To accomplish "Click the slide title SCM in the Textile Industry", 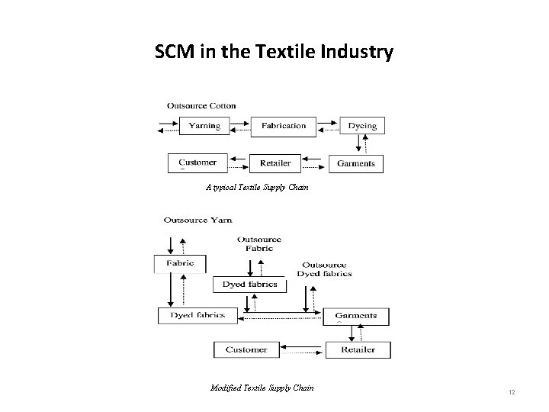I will (274, 52).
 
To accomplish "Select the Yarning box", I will (204, 126).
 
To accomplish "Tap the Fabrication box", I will (284, 126).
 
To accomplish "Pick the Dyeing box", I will (361, 126).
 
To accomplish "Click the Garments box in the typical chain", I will (356, 163).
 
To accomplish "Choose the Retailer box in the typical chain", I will (275, 163).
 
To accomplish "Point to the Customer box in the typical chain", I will (197, 163).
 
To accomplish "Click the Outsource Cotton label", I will (201, 106).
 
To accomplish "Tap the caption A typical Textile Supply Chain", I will (257, 186).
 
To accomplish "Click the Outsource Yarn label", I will (197, 220).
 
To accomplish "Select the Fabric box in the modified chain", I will (180, 263).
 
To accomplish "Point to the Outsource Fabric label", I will (259, 243).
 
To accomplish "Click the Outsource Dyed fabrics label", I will (324, 269).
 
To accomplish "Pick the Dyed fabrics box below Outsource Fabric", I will (249, 285).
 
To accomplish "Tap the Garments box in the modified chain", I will (355, 316).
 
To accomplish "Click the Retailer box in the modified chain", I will (358, 349).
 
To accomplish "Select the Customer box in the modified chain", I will (246, 349).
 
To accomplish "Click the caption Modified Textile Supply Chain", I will (262, 388).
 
